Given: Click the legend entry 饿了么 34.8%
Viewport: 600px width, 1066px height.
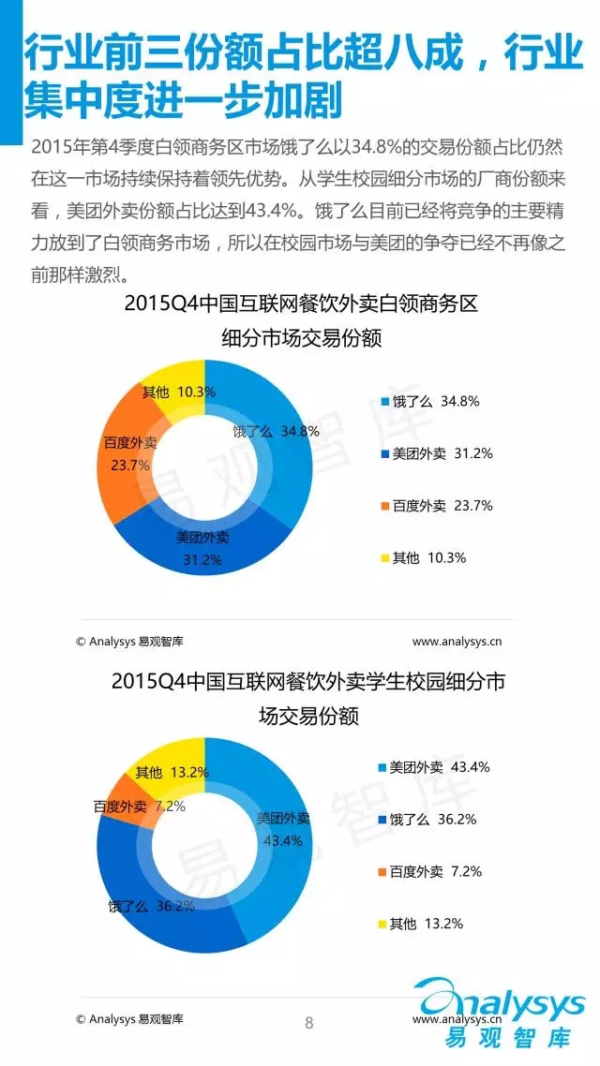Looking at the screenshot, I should [x=430, y=401].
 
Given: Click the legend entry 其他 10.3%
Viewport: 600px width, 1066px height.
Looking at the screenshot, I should [x=423, y=557].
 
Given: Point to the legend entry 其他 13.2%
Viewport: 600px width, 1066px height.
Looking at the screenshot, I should [x=423, y=924].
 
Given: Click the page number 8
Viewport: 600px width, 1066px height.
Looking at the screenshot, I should [x=309, y=1023].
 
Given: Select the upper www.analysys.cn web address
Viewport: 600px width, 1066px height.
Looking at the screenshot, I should [x=457, y=642].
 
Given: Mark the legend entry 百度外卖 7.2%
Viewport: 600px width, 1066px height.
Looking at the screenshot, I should [x=432, y=871].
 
